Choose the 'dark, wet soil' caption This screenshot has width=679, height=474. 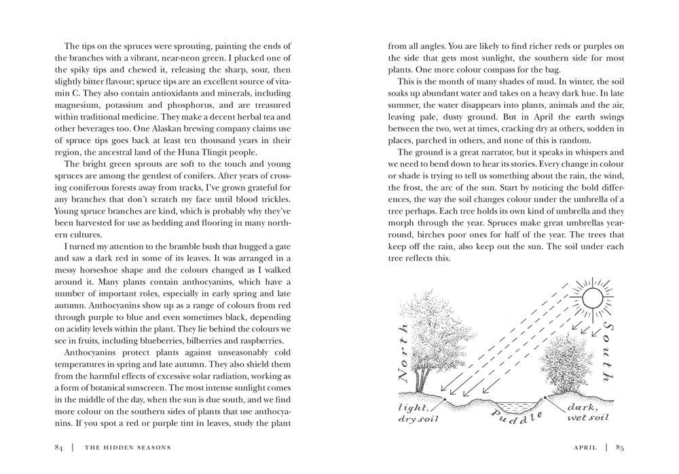click(x=587, y=412)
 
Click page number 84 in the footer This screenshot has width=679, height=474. click(x=59, y=447)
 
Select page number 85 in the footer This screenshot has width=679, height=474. click(x=620, y=447)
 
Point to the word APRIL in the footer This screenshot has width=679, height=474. click(x=585, y=447)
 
